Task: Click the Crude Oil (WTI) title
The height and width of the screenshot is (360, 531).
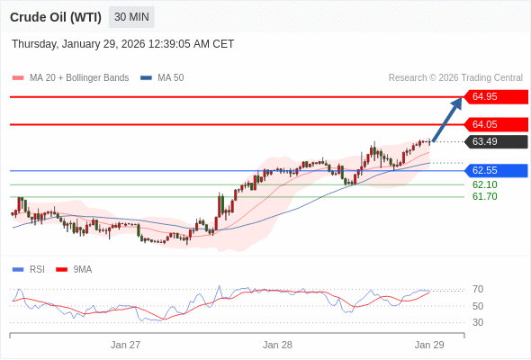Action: coord(55,17)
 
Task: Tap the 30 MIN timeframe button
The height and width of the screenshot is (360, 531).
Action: coord(132,17)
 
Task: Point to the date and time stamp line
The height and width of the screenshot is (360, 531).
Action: coord(122,43)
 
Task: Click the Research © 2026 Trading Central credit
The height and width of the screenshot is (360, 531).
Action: coord(455,78)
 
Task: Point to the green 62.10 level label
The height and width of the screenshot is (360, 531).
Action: coord(484,184)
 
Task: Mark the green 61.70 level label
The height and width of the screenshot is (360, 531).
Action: coord(484,196)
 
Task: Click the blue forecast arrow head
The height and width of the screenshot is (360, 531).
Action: coord(457,102)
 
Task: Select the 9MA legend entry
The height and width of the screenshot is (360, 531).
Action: coord(82,269)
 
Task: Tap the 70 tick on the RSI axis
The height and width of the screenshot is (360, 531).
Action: coord(477,290)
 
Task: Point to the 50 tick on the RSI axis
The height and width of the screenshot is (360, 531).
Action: coord(477,306)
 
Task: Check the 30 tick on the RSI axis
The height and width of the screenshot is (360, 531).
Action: coord(477,322)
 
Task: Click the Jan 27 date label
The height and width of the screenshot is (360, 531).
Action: coord(125,345)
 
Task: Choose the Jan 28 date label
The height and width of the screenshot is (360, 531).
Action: coord(277,345)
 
